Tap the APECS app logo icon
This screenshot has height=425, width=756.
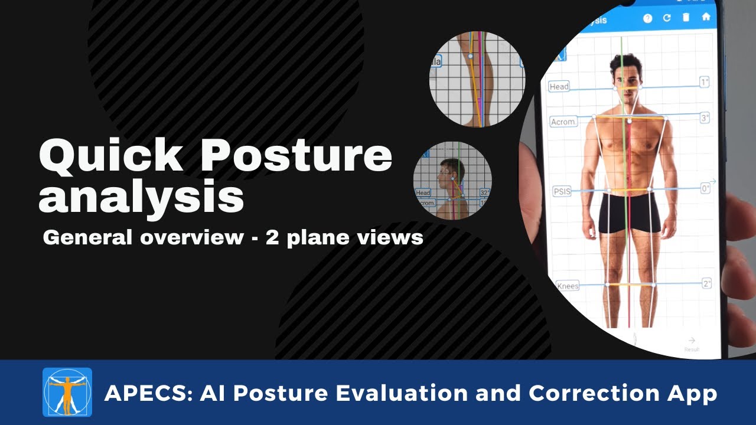[67, 393]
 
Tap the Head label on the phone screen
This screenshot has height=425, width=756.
[559, 87]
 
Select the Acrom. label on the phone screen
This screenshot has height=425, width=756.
[563, 122]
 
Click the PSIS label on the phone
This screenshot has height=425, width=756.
[562, 191]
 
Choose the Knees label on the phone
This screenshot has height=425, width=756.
[568, 286]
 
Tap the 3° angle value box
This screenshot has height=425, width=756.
[705, 118]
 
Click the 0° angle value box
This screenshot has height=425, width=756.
[705, 189]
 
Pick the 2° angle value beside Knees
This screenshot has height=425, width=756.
[706, 283]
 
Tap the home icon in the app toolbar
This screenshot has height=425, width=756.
[706, 17]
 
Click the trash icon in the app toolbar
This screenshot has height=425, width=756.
[686, 17]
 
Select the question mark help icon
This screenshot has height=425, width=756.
[647, 18]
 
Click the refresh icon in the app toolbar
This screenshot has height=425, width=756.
[667, 18]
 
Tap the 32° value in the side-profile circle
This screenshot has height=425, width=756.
[484, 192]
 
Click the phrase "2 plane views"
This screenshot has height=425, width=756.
[344, 237]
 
